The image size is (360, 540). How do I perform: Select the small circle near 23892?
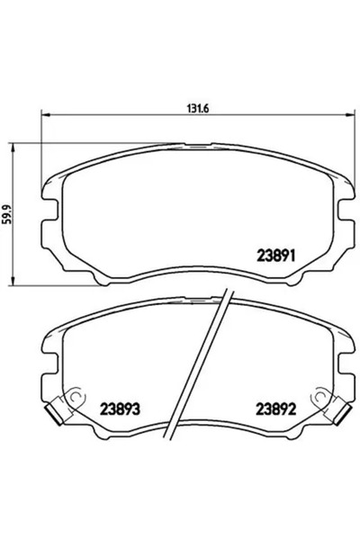pyautogui.click(x=316, y=398)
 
